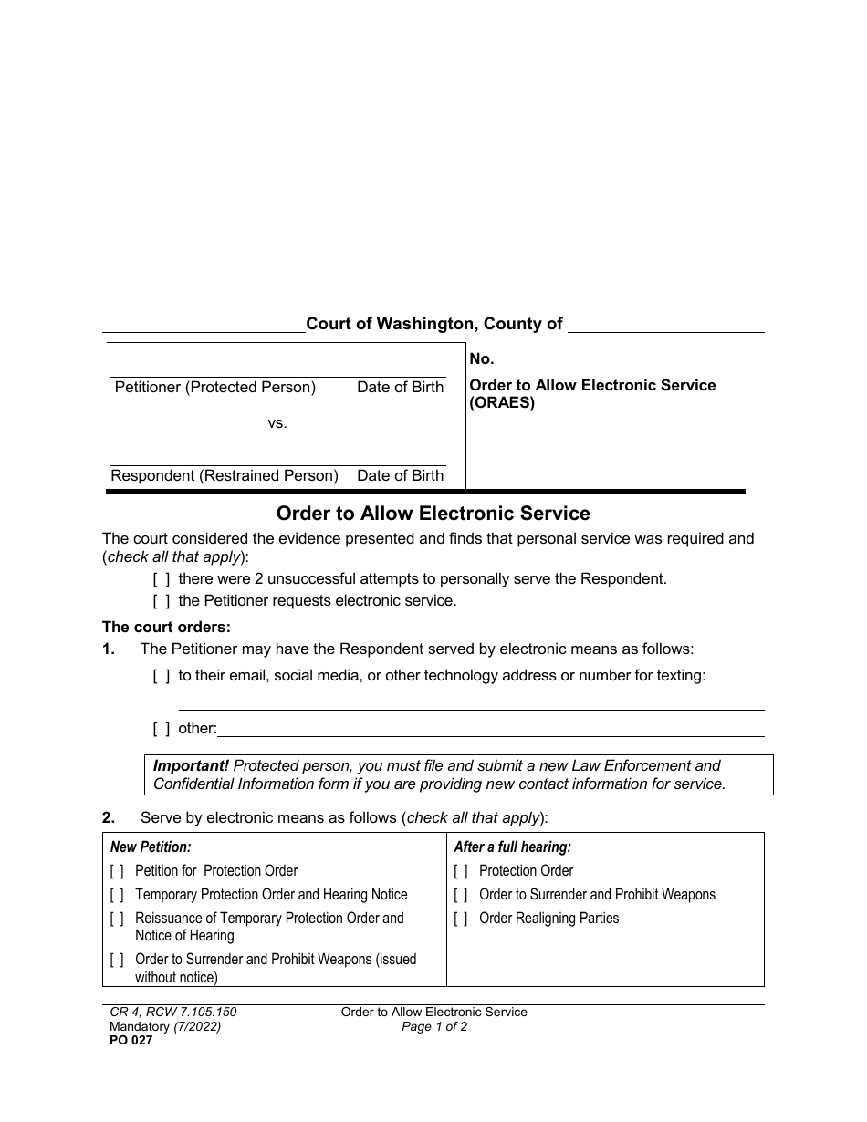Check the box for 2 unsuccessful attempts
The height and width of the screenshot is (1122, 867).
[x=162, y=578]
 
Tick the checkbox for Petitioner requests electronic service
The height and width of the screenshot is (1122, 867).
[x=162, y=600]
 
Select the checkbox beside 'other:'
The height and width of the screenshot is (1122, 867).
[x=162, y=728]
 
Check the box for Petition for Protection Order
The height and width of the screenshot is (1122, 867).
[x=117, y=871]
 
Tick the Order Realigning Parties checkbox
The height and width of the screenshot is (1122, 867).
[x=461, y=919]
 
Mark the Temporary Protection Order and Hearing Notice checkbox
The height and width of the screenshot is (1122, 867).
[x=117, y=895]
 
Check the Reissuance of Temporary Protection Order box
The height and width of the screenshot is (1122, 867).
[x=117, y=919]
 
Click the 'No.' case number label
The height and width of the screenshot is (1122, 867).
[x=482, y=359]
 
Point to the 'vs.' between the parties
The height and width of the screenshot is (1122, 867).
[x=277, y=423]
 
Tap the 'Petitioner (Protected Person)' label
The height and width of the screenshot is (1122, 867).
[x=215, y=388]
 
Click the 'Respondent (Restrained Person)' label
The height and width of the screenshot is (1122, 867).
[x=225, y=475]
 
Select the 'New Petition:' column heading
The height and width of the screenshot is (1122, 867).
[x=151, y=847]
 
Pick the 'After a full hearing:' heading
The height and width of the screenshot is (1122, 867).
[x=512, y=847]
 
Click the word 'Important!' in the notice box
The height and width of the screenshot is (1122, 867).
[x=191, y=765]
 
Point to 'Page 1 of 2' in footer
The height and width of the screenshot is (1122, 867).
[x=434, y=1026]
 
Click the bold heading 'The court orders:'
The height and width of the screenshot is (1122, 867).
[x=167, y=627]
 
